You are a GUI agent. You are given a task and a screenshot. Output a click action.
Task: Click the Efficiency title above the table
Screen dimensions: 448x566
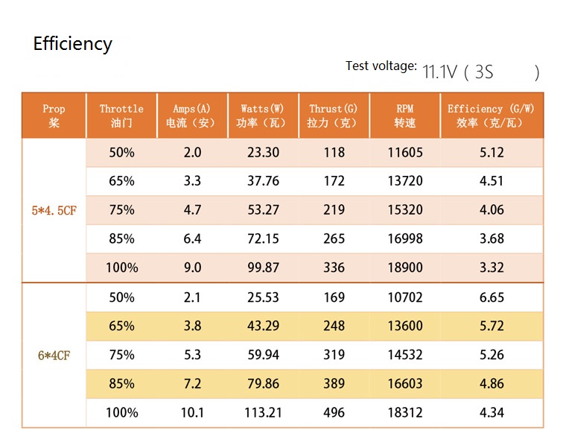pyautogui.click(x=72, y=44)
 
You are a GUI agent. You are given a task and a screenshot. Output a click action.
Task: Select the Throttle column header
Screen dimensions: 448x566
pyautogui.click(x=121, y=116)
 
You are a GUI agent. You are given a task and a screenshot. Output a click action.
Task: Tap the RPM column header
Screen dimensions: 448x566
pyautogui.click(x=404, y=116)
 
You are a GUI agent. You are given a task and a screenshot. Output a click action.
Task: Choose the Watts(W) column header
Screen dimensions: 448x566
pyautogui.click(x=262, y=116)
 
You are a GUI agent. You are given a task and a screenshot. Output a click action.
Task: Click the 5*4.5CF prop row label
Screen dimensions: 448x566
pyautogui.click(x=54, y=210)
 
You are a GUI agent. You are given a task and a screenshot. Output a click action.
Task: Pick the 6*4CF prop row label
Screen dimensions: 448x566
pyautogui.click(x=54, y=355)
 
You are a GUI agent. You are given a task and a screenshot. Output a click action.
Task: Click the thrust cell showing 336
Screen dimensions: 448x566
pyautogui.click(x=334, y=268)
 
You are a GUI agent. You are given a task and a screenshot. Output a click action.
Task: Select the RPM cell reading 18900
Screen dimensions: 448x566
pyautogui.click(x=405, y=268)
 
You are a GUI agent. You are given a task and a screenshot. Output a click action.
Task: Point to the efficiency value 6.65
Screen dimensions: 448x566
pyautogui.click(x=492, y=297)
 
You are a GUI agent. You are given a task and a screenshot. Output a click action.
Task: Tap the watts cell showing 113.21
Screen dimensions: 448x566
pyautogui.click(x=262, y=412)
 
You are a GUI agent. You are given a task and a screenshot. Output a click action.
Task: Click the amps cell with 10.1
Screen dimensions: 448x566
pyautogui.click(x=192, y=412)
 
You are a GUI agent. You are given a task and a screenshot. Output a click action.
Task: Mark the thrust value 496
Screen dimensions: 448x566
pyautogui.click(x=334, y=412)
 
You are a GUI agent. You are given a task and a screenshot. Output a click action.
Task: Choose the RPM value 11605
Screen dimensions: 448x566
pyautogui.click(x=405, y=153)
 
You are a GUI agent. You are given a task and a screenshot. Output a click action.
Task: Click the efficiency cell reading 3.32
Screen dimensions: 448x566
pyautogui.click(x=492, y=268)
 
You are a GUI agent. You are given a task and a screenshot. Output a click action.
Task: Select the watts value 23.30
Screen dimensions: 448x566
pyautogui.click(x=262, y=153)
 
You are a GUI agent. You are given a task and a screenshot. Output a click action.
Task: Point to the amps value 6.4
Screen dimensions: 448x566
pyautogui.click(x=192, y=239)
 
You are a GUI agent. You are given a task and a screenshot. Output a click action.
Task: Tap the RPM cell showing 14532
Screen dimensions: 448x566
pyautogui.click(x=405, y=355)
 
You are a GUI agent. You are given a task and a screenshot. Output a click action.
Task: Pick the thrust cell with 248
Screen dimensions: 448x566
pyautogui.click(x=334, y=326)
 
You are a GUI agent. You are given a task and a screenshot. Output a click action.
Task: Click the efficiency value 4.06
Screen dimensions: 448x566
pyautogui.click(x=492, y=210)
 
